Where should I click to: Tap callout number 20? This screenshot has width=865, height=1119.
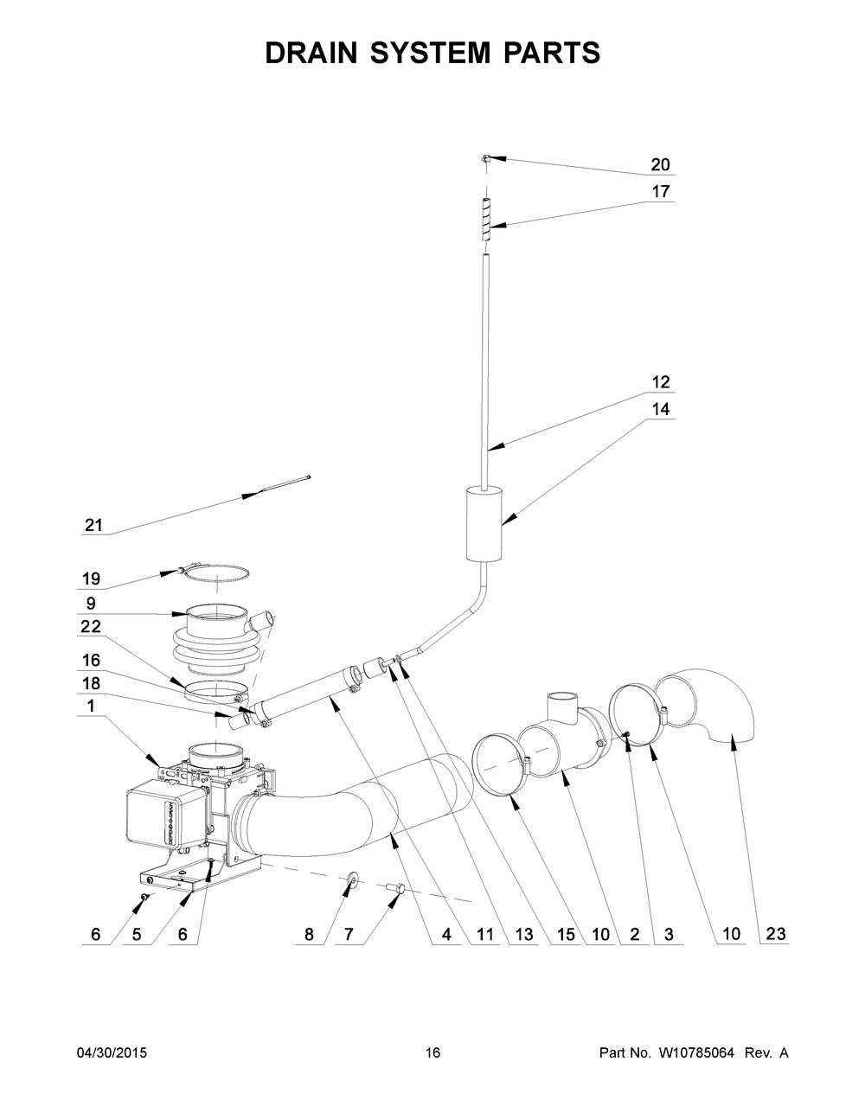pos(660,165)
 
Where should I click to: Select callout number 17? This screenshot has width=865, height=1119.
pos(660,191)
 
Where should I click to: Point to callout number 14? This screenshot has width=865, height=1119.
pos(660,409)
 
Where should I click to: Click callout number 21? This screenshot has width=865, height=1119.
pos(93,524)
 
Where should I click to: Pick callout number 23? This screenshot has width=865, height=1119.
pos(775,933)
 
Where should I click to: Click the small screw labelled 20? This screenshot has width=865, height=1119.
pos(487,158)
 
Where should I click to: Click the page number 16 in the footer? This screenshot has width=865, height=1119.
pos(432,1052)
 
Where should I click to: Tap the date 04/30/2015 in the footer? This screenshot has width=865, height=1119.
pos(112,1052)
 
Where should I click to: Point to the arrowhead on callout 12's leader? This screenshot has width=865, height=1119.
pos(490,447)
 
